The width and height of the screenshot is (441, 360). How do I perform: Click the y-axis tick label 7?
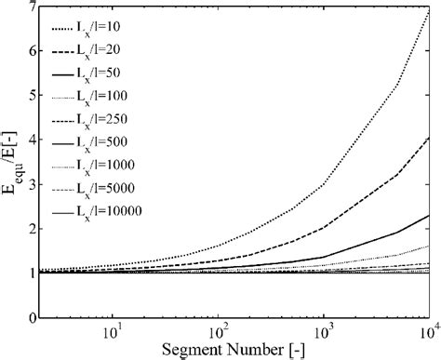[34, 7]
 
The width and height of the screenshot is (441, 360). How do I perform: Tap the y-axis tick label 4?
[34, 140]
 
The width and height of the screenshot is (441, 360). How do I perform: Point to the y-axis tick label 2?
[34, 228]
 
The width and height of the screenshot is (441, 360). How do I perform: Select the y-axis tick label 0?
[34, 316]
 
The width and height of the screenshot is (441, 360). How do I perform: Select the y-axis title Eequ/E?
[11, 165]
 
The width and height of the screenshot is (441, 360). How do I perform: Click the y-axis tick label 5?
[34, 96]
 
